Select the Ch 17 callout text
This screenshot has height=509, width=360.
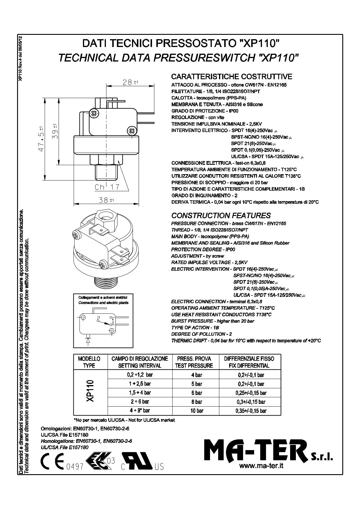(107, 187)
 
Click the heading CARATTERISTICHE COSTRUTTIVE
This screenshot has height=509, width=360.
(231, 77)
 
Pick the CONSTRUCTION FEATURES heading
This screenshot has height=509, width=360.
(221, 216)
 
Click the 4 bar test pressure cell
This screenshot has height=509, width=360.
(196, 375)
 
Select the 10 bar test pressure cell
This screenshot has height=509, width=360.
(196, 411)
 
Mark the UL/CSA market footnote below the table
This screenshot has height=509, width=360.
(124, 420)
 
